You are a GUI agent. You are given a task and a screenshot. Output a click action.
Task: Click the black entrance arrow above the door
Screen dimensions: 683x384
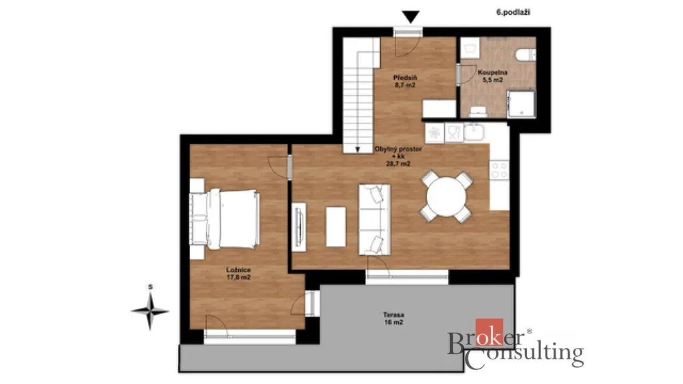[x=411, y=17]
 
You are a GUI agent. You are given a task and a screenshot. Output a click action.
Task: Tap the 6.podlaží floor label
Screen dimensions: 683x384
[x=513, y=13]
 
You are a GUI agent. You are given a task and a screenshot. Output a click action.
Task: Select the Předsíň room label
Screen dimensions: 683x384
[x=405, y=77]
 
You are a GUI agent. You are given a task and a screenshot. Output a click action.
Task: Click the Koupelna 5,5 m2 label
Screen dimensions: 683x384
[x=492, y=76]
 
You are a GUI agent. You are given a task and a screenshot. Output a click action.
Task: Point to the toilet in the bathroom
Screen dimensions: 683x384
[x=526, y=55]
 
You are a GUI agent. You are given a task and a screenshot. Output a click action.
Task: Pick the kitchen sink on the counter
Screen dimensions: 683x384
[x=474, y=133]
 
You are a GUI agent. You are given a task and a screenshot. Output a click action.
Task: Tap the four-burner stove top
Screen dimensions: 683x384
[x=500, y=170]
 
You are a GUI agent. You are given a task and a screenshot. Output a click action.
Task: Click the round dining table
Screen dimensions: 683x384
[x=446, y=197]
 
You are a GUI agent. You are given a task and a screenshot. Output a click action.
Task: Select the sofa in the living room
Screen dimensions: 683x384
[x=374, y=219]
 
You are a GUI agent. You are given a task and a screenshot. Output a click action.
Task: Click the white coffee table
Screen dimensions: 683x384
[x=336, y=227]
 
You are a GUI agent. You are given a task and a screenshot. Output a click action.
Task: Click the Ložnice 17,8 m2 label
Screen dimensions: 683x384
[x=238, y=273]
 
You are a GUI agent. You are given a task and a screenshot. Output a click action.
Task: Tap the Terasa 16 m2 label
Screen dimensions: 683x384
[x=394, y=318]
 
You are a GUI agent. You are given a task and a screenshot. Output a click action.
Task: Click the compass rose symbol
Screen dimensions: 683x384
[x=150, y=311]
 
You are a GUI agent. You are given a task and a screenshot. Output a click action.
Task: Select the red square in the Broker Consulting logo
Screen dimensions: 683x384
[x=489, y=333]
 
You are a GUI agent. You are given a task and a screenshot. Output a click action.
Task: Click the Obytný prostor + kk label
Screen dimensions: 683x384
[x=398, y=156]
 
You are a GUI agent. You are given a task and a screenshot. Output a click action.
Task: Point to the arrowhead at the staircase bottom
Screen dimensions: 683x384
[x=358, y=150]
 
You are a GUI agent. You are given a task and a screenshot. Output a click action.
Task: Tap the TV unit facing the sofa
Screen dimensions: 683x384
[x=299, y=227]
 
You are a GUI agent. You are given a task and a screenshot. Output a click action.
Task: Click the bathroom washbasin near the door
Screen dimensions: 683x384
[x=470, y=48]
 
